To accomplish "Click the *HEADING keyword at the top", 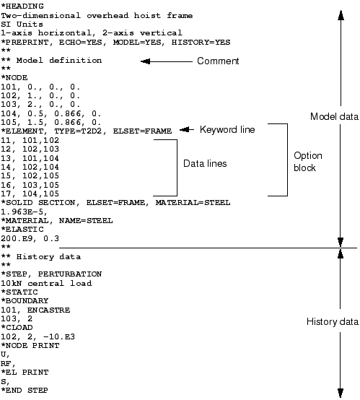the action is [22, 6].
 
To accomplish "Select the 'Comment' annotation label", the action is [218, 61].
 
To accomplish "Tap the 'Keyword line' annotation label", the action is [227, 129].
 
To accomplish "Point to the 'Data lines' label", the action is [205, 163].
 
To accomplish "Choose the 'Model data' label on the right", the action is [334, 116].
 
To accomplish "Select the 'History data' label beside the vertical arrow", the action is [333, 322].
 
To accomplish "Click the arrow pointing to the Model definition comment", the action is [167, 61].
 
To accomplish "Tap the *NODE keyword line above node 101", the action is [14, 77].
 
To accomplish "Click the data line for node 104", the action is [51, 113].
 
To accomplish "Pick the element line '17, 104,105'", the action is [30, 194].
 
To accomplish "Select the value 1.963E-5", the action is [24, 212].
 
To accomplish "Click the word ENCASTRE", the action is [48, 310].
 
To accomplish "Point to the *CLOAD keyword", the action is [17, 328].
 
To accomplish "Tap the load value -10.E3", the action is [59, 336].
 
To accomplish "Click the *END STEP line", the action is [25, 391].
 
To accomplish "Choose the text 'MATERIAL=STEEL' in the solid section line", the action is [193, 203].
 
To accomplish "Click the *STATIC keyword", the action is [19, 292].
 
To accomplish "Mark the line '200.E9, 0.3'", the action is [30, 238].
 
